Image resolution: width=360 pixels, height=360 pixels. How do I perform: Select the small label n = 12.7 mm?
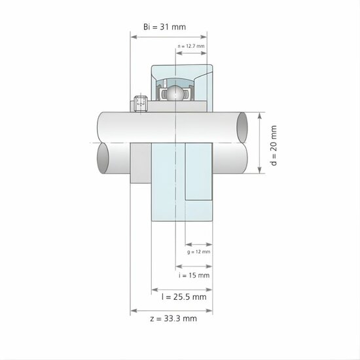[x=191, y=46]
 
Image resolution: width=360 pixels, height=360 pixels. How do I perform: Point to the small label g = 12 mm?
[x=198, y=251]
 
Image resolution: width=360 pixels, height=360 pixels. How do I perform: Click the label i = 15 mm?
[x=194, y=276]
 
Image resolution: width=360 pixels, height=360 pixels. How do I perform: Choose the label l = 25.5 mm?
[x=183, y=297]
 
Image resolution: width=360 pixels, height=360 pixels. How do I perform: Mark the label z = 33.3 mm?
[x=172, y=319]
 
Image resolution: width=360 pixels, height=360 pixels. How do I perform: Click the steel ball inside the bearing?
[x=174, y=93]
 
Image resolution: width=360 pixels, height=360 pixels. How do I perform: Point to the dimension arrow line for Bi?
[x=169, y=37]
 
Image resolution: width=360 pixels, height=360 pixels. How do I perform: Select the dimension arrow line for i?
[x=194, y=266]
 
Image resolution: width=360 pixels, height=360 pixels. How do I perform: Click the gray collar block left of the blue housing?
[x=141, y=164]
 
